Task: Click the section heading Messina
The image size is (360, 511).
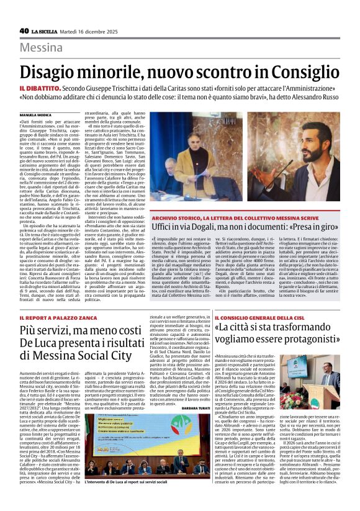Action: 41,48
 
